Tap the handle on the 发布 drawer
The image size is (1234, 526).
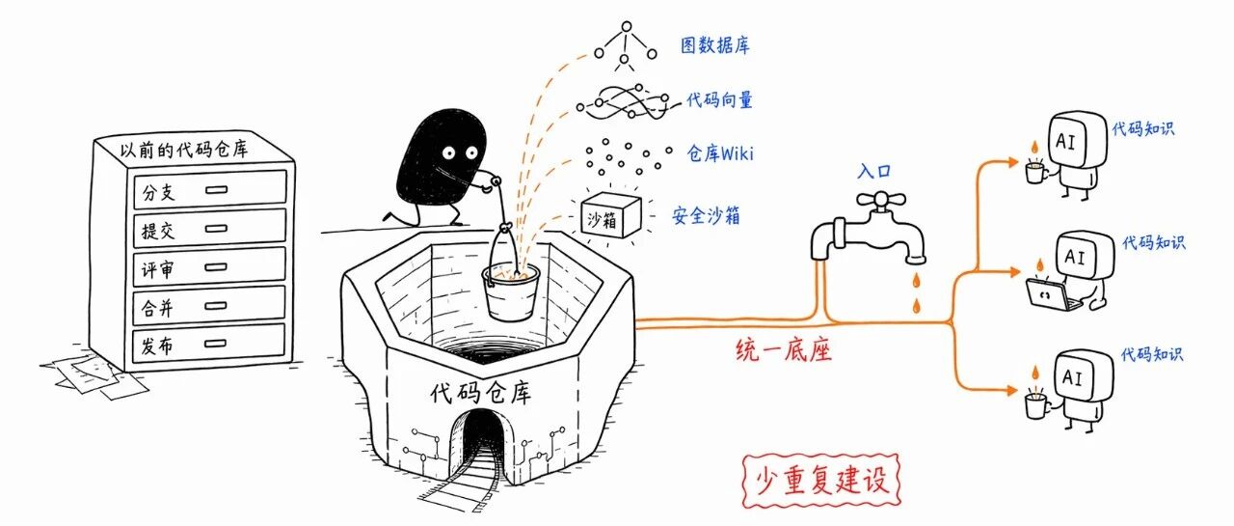[x=215, y=343]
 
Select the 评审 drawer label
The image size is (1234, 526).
[x=157, y=269]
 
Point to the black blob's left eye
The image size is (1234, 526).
[x=448, y=152]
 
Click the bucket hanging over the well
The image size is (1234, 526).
[x=511, y=291]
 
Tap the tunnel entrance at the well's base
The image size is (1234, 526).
[x=478, y=441]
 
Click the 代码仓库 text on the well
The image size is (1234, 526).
[x=481, y=392]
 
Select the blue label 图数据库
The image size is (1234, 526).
[x=715, y=45]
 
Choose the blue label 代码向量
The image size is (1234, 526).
[x=719, y=99]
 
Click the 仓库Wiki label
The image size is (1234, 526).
[x=720, y=152]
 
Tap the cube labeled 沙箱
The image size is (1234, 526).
[x=610, y=215]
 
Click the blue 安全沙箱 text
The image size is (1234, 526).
[x=706, y=215]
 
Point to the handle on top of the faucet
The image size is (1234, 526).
[x=881, y=200]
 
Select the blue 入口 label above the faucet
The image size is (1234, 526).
[x=873, y=171]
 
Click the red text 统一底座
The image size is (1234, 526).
[x=784, y=349]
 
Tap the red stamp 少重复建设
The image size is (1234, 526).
[x=820, y=481]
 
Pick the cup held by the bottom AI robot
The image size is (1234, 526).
[x=1036, y=404]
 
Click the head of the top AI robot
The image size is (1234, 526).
[x=1077, y=140]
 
